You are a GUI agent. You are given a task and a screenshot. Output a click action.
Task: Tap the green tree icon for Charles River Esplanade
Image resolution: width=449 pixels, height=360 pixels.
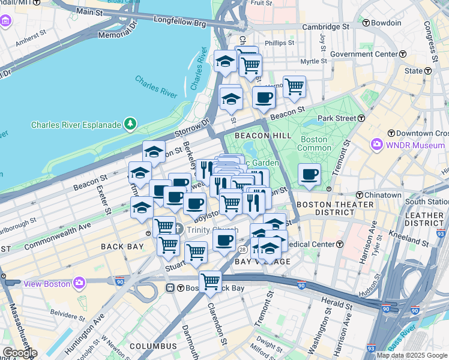(x=130, y=124)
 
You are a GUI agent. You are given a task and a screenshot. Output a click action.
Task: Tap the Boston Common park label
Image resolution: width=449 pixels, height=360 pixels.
(x=314, y=143)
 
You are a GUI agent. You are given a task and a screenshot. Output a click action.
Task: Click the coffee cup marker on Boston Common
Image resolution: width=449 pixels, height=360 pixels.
(x=310, y=175)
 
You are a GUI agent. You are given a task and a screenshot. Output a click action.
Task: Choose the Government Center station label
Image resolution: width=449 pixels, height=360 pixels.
(x=364, y=54)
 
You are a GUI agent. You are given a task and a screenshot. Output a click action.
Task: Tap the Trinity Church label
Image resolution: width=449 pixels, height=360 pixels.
(x=212, y=229)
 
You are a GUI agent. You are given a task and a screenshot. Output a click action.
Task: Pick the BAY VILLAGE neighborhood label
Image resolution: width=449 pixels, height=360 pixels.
(x=262, y=262)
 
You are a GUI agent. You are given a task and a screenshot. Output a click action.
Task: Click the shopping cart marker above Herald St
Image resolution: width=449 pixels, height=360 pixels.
(x=210, y=281)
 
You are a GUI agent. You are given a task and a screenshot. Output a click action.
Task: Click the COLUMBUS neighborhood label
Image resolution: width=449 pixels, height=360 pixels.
(x=153, y=346)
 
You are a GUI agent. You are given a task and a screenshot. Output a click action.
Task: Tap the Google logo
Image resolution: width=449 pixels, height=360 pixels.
(x=20, y=353)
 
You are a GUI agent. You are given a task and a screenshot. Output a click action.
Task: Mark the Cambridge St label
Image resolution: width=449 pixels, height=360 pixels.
(x=325, y=27)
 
